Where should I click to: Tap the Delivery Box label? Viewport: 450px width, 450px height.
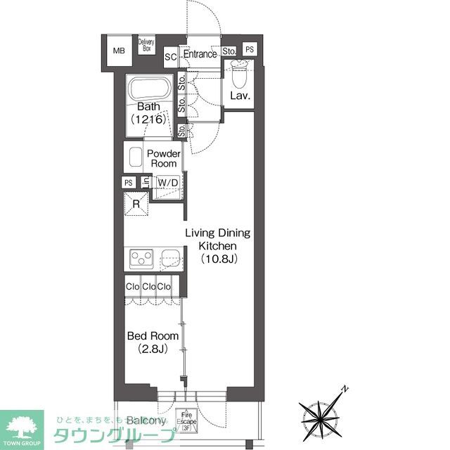147,46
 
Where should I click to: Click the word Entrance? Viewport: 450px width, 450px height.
200,54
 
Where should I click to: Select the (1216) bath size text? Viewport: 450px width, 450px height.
148,120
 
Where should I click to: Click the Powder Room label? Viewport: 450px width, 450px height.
163,158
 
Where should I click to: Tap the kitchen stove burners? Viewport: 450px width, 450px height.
141,260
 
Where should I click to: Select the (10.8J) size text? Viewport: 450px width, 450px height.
212,259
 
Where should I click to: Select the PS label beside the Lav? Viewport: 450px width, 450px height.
250,50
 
